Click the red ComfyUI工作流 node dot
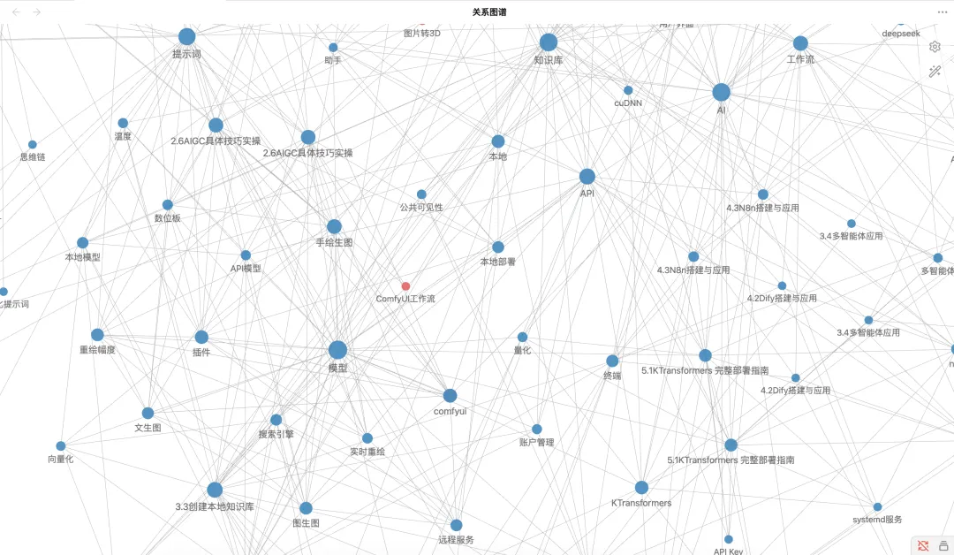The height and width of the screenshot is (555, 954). point(405,286)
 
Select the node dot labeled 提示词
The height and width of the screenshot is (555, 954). point(186,37)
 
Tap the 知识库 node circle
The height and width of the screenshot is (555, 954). point(549,42)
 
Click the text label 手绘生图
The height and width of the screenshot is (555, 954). point(334,242)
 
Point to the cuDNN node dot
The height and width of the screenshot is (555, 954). point(628,90)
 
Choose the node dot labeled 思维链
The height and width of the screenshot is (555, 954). point(33,145)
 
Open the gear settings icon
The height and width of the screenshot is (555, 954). point(935,47)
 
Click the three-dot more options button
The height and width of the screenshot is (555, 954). point(942,12)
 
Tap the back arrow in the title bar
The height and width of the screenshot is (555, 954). point(15,12)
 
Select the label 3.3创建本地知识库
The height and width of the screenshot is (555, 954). point(215,507)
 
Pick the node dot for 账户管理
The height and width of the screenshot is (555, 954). point(537,430)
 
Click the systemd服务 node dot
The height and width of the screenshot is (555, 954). point(878,507)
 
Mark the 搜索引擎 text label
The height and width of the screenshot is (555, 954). point(276,435)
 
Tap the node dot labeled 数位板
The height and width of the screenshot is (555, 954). point(168,205)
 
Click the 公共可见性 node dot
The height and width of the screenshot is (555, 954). point(421,194)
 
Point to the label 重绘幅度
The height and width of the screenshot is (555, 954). point(97,350)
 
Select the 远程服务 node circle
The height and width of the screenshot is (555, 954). point(457,526)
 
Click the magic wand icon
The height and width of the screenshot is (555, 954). point(935,72)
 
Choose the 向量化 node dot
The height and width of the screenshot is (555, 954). point(61,446)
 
